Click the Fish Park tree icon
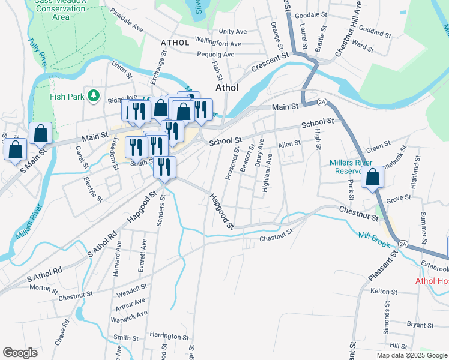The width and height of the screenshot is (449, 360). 93,95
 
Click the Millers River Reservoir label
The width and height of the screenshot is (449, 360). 351,166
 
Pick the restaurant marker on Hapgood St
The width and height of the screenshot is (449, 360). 164,167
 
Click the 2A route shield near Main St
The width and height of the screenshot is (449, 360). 322,102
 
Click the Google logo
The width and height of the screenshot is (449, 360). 20,353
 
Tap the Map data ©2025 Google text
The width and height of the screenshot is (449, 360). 411,355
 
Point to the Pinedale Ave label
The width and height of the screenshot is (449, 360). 127,28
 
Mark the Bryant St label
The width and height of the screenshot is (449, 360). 420,324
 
